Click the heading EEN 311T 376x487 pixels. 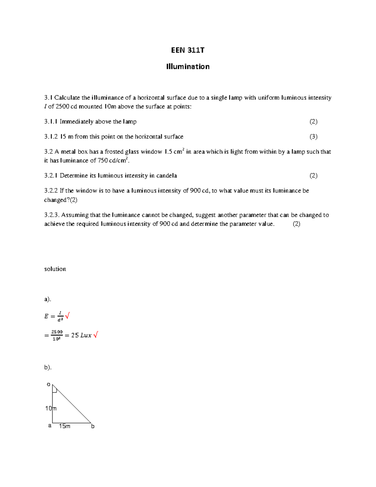tap(187, 50)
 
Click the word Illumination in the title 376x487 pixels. tap(188, 66)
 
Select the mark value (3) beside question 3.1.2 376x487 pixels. tap(313, 137)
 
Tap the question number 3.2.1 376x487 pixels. tap(51, 176)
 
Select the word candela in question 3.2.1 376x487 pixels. tap(166, 176)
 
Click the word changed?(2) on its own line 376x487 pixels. tap(60, 200)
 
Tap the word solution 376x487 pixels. tap(55, 269)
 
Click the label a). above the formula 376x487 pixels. tap(47, 299)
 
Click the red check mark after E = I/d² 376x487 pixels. tap(67, 315)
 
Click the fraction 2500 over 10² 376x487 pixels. tap(57, 335)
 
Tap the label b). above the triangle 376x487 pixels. tap(48, 367)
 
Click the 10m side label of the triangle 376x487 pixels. tap(50, 408)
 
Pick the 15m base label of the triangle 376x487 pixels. tap(65, 426)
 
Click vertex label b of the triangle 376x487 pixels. tap(93, 426)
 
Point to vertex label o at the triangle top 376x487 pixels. tap(48, 384)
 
